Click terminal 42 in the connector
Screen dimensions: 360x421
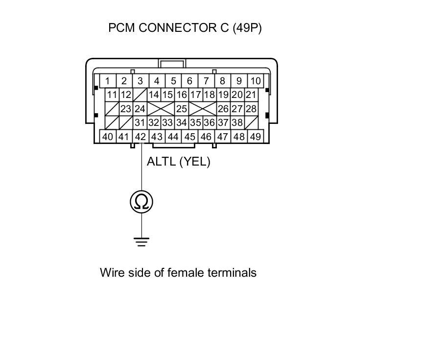point(140,137)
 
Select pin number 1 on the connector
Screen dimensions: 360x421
point(107,81)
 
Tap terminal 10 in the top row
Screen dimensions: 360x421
point(255,81)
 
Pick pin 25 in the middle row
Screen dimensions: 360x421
point(182,109)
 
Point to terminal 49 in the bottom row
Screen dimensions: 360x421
point(255,137)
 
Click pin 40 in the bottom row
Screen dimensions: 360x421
point(108,137)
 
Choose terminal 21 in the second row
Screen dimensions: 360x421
point(251,95)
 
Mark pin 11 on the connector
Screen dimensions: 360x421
point(112,95)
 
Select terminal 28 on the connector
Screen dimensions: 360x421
point(251,109)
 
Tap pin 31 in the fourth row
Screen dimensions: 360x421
point(140,123)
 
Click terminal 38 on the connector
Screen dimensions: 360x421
point(237,123)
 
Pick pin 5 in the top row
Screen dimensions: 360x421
point(173,81)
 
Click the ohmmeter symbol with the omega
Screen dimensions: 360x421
point(141,201)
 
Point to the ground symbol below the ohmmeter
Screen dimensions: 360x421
point(141,241)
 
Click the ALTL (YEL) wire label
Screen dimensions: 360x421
point(178,162)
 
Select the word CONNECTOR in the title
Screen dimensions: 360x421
point(176,28)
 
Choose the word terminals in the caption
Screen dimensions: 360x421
point(232,273)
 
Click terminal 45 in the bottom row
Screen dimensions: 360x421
point(190,137)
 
